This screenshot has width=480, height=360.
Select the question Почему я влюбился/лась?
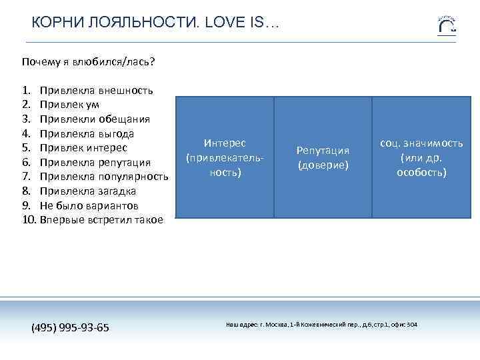[x=88, y=62]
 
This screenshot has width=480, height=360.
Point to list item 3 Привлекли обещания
[x=94, y=119]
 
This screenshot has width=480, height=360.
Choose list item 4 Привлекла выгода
[x=87, y=133]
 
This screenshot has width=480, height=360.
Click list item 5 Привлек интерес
[x=83, y=148]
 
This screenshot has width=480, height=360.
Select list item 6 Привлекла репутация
[x=95, y=163]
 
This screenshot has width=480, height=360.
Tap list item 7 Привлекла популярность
[x=103, y=177]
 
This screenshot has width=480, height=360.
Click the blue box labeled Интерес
[x=225, y=158]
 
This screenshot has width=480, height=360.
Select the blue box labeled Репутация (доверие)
[x=323, y=158]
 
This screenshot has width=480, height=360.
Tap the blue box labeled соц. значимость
[x=421, y=158]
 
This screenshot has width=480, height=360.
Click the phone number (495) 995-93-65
[x=71, y=328]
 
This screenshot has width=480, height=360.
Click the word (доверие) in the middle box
[x=323, y=165]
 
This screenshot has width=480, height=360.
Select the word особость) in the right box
[x=421, y=173]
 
